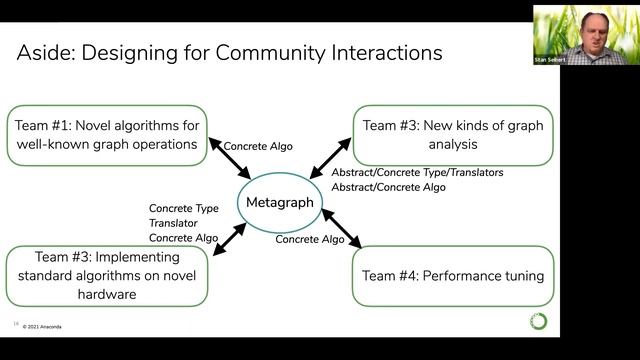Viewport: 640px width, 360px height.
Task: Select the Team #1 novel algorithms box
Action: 109,135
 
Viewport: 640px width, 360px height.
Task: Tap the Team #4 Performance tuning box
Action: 453,276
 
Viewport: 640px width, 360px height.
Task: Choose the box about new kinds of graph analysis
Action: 453,135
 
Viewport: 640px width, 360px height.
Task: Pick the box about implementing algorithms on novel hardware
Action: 108,276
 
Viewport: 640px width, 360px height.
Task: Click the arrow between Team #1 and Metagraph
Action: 230,160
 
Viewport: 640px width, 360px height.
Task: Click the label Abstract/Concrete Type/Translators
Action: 417,173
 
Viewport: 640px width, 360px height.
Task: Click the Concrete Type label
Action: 184,208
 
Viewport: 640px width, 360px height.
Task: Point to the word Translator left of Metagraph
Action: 173,223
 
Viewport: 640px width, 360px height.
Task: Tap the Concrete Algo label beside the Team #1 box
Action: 258,146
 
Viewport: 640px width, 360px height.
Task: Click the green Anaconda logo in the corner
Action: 539,321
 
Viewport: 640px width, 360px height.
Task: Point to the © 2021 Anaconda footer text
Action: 49,326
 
